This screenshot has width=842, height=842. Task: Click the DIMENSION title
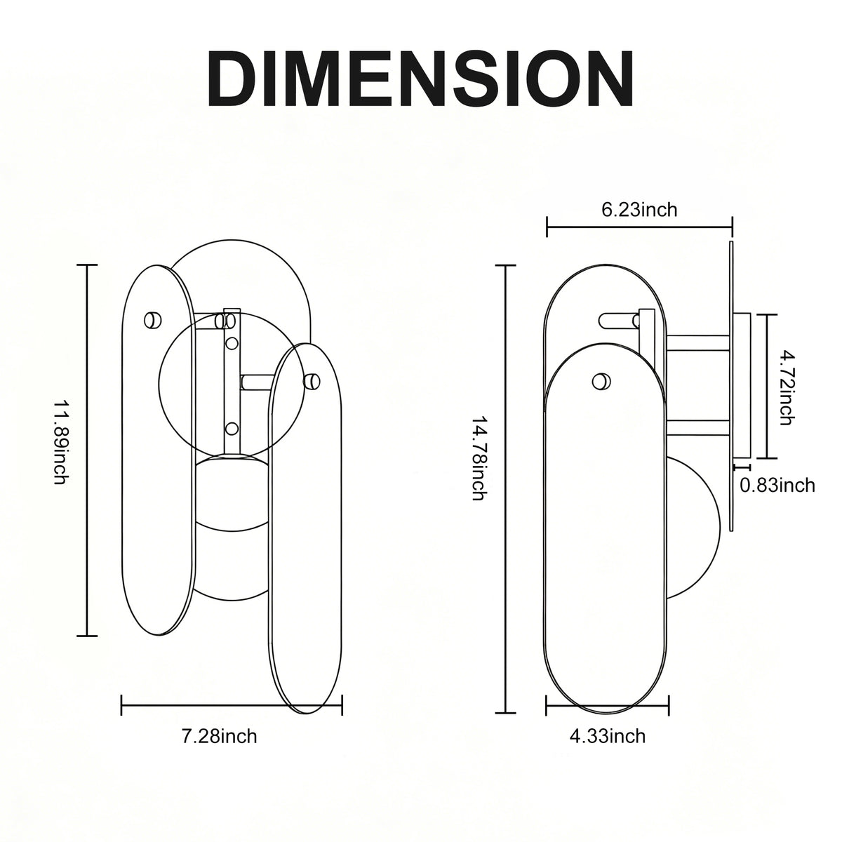tap(421, 79)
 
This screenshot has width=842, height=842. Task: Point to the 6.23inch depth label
tap(639, 210)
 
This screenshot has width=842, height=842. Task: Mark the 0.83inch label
tap(777, 485)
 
